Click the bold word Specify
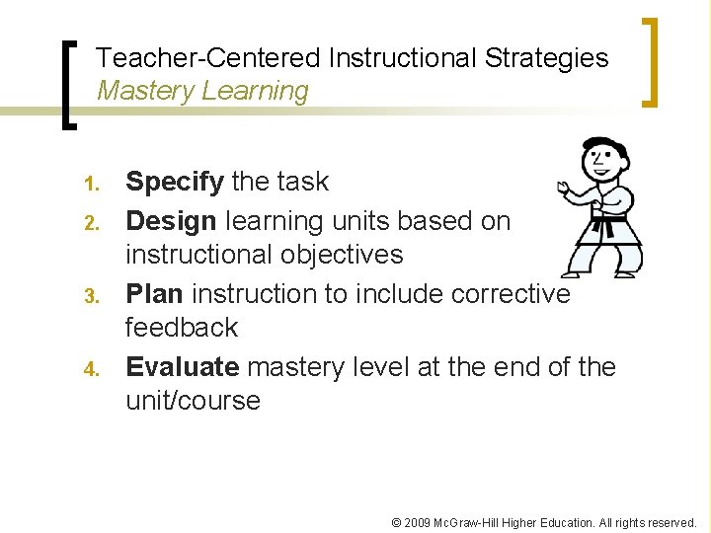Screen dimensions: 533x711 (x=174, y=183)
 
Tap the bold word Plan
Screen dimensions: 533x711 (x=154, y=293)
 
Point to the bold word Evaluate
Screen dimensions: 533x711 (x=183, y=367)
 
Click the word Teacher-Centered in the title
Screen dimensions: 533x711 (x=208, y=58)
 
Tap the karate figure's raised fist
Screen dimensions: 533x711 (x=564, y=187)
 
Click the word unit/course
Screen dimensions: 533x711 (x=193, y=401)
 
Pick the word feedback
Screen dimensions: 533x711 (x=182, y=328)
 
